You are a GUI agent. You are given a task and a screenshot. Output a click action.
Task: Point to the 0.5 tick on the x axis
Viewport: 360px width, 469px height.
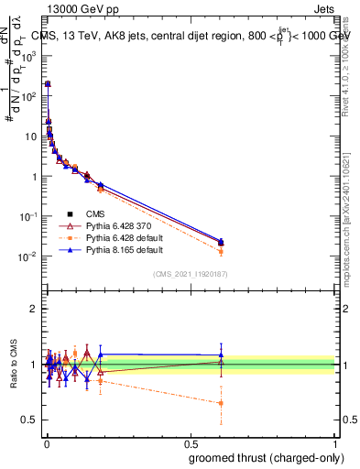[x=191, y=442]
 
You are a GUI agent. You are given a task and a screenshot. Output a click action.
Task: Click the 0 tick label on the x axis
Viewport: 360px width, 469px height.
[x=46, y=442]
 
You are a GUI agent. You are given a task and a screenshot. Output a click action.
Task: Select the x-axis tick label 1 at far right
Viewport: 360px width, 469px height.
[x=335, y=442]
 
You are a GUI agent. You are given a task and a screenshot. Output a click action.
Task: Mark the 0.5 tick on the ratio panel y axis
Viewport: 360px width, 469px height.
[x=27, y=420]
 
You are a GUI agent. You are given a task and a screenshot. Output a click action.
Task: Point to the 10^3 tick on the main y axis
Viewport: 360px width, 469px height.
[x=29, y=55]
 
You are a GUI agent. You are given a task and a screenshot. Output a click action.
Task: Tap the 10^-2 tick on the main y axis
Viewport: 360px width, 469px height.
[x=29, y=256]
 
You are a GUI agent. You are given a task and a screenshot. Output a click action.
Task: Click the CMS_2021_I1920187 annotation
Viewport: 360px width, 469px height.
[x=191, y=274]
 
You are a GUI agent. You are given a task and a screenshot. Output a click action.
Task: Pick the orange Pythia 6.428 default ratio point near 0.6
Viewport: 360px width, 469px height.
[x=221, y=403]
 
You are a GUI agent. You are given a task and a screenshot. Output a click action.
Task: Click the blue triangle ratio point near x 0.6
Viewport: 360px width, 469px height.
[x=221, y=354]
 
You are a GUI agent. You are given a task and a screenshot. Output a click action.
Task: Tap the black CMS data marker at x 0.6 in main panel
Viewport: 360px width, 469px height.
[x=221, y=243]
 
